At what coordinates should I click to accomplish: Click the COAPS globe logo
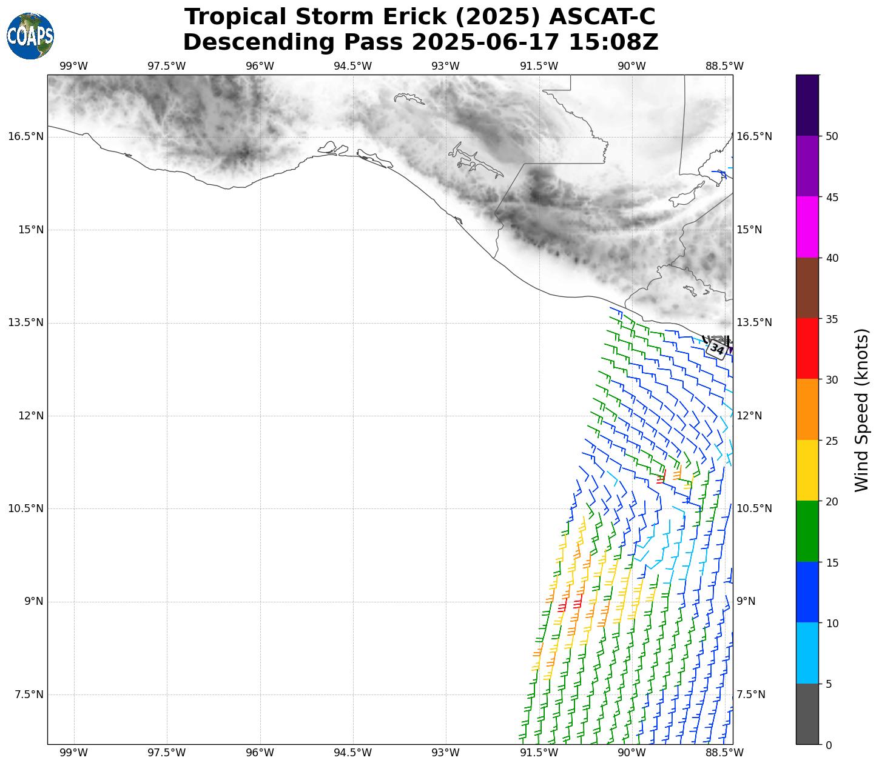coord(30,36)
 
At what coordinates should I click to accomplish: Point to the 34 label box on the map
coord(717,349)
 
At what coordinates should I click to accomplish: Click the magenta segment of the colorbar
coord(807,227)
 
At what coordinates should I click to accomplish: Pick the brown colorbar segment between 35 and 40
coord(807,288)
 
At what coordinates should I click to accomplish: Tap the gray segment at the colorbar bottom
coord(807,714)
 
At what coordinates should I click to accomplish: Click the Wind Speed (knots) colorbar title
coord(861,410)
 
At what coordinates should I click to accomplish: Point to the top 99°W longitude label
coord(74,66)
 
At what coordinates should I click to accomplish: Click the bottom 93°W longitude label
coord(446,753)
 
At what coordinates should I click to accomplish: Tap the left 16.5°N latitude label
coord(25,136)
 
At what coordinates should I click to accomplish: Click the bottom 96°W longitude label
coord(260,753)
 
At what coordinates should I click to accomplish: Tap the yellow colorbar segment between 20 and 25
coord(807,470)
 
